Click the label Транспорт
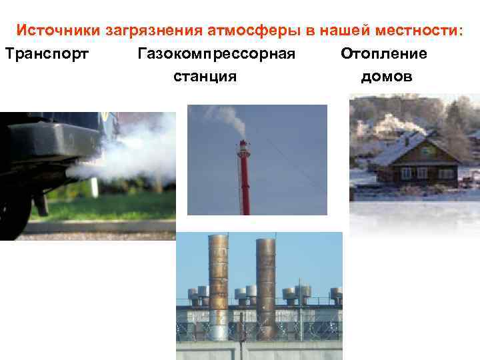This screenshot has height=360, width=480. (x=46, y=53)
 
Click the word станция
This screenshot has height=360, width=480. (x=205, y=77)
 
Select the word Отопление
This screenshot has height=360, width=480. (x=384, y=53)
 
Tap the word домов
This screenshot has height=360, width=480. (x=387, y=77)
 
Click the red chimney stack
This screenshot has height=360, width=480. (x=245, y=180)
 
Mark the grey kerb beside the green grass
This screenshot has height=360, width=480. (x=100, y=227)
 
